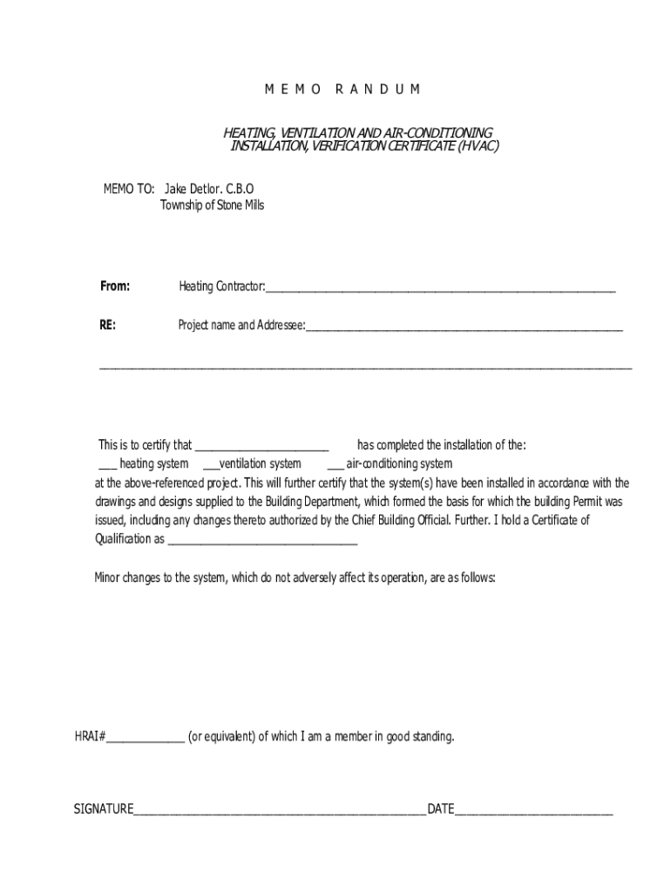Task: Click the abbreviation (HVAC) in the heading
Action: [x=475, y=145]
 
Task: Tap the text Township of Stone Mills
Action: [x=212, y=206]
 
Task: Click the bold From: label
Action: [x=114, y=286]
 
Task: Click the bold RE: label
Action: [x=107, y=325]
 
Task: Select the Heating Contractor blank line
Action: [x=440, y=288]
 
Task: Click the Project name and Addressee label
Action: [x=241, y=325]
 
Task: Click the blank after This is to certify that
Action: [x=261, y=447]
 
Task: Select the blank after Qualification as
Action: [x=261, y=541]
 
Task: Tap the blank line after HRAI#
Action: [x=145, y=740]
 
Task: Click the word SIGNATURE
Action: [x=103, y=809]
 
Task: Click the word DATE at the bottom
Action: [x=440, y=809]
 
